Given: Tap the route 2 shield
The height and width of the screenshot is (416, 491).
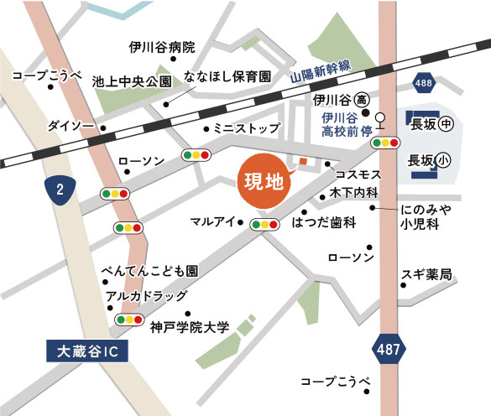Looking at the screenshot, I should coord(60,190).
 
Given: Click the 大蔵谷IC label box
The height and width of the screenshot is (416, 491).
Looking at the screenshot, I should coord(87,350).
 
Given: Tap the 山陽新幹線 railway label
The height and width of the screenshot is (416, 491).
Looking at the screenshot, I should coord(321,71).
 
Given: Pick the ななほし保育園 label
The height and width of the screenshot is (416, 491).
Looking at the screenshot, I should coord(227,76).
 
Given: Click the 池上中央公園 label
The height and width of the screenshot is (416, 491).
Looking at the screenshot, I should coord(132,81).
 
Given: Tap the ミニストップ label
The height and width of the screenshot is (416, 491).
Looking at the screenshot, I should coord(247,129).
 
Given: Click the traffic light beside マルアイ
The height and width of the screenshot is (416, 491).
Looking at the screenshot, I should coord(264,224).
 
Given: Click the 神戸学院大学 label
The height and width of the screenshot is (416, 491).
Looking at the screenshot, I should coord(189,327).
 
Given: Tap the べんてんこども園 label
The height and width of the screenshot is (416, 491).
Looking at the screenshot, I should coord(149,273).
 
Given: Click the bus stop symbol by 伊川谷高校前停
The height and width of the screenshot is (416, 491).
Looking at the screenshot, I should coord(380,118).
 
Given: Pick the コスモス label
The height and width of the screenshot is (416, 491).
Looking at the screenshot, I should coord(358,174).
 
